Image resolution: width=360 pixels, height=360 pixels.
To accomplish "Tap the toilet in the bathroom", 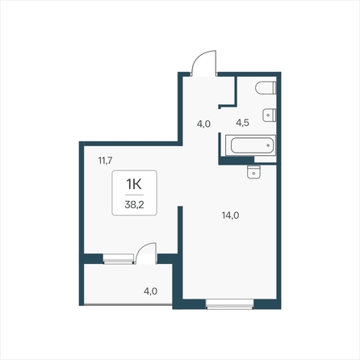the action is pyautogui.click(x=266, y=88).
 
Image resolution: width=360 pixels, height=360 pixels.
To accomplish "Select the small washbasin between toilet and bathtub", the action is pyautogui.click(x=270, y=115).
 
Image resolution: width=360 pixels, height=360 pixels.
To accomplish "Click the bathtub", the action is pyautogui.click(x=250, y=145).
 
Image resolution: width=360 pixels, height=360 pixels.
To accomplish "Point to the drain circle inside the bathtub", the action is pyautogui.click(x=268, y=145).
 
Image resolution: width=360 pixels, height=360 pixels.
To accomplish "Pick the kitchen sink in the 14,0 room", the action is pyautogui.click(x=253, y=172).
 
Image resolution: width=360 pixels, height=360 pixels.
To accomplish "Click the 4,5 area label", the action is pyautogui.click(x=242, y=123).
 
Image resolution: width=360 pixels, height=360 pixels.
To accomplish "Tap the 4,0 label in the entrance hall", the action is pyautogui.click(x=203, y=124).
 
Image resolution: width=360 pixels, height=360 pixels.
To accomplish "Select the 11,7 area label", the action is pyautogui.click(x=105, y=161).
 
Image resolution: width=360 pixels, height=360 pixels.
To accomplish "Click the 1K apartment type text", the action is pyautogui.click(x=134, y=184).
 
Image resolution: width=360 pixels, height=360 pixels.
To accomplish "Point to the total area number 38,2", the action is pyautogui.click(x=134, y=205).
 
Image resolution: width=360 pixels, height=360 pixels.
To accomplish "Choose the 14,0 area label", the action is pyautogui.click(x=231, y=216).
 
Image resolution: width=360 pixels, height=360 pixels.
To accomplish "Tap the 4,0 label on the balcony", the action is pyautogui.click(x=150, y=291).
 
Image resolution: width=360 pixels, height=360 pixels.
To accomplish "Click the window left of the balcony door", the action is pyautogui.click(x=119, y=258).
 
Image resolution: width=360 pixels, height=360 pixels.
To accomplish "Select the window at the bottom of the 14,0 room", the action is pyautogui.click(x=230, y=304).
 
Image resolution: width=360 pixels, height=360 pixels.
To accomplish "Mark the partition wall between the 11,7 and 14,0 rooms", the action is pyautogui.click(x=180, y=229).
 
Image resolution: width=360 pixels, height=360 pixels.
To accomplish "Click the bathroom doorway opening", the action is pyautogui.click(x=220, y=121).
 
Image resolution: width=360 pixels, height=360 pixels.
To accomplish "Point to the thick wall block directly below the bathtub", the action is pyautogui.click(x=236, y=161).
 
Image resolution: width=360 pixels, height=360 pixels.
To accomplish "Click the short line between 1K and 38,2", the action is pyautogui.click(x=134, y=195).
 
